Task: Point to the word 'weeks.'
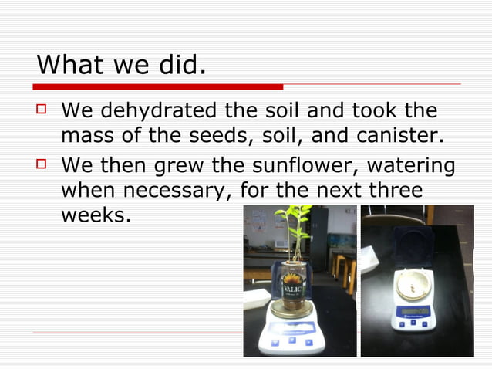point(96,215)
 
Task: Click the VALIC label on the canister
point(293,288)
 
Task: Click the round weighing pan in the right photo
point(415,285)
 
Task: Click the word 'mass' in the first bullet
point(86,137)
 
